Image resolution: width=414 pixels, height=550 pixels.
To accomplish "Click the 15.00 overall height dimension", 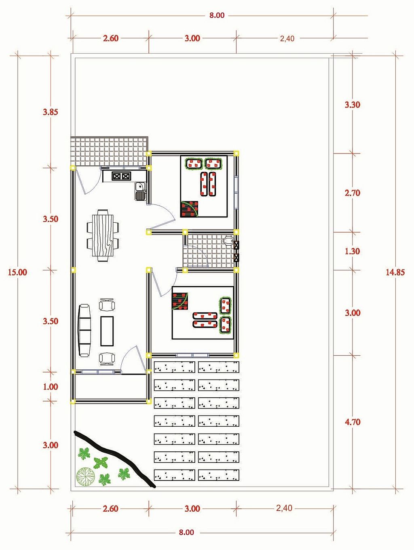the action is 17,272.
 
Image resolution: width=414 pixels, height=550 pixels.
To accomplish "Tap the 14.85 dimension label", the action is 395,272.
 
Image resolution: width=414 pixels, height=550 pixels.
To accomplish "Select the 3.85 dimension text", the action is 51,112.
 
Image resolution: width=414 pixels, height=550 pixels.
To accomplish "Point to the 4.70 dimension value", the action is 353,422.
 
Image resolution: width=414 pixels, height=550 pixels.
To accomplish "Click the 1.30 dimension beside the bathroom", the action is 353,251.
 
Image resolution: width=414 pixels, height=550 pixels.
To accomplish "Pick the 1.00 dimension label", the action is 51,387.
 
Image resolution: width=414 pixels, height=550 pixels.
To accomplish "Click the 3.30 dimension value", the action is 353,105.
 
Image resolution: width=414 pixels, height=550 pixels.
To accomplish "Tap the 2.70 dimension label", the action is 353,193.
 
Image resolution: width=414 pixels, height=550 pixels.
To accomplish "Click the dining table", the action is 103,235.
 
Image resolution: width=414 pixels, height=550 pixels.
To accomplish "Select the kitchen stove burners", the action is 121,176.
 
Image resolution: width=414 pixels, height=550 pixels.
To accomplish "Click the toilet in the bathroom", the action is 228,240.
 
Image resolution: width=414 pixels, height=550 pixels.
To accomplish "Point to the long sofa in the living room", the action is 84,330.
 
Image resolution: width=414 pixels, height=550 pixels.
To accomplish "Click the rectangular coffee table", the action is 107,331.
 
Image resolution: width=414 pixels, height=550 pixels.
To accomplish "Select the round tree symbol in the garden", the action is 86,476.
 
